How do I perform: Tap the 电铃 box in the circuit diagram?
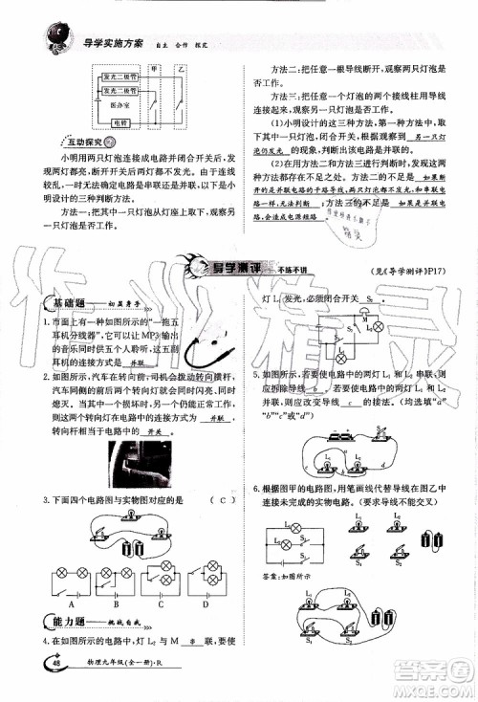point(120,122)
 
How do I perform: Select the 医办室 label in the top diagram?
point(119,102)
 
